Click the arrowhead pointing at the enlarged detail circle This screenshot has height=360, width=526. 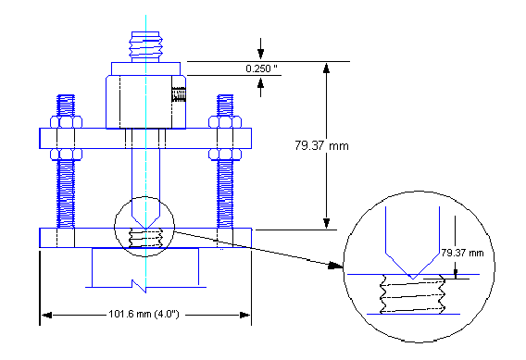pos(334,266)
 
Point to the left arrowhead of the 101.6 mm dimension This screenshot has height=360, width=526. pos(44,316)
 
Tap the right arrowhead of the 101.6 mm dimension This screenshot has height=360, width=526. pos(247,316)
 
